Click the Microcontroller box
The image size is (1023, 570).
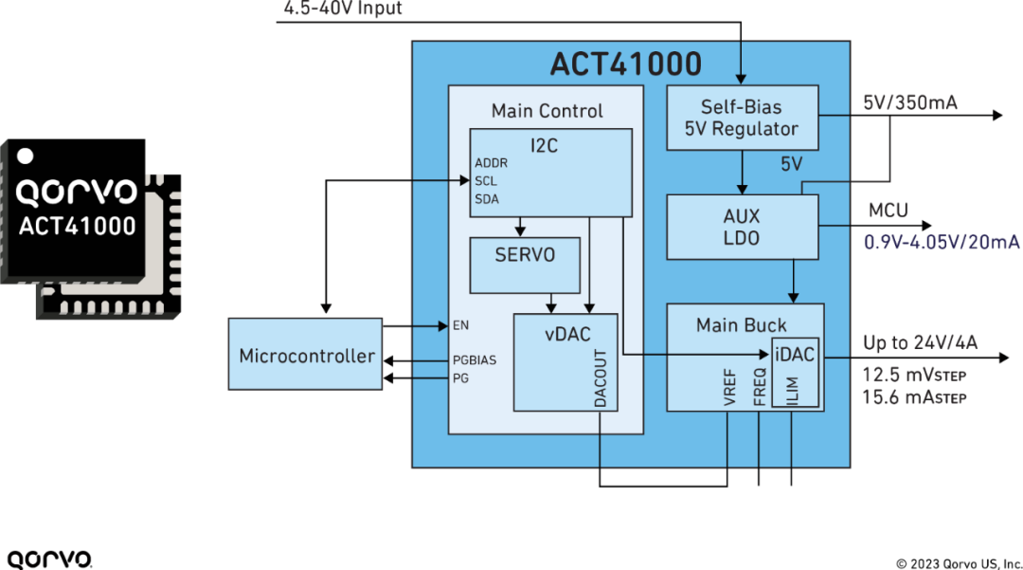306,356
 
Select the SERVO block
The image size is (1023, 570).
524,256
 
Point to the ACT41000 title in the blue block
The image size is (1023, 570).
626,64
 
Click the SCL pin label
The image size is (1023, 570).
486,181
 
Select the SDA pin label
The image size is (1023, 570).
487,198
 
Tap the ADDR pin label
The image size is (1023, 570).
491,163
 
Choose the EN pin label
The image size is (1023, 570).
461,325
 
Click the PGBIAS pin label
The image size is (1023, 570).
475,360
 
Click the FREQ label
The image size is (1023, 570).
759,389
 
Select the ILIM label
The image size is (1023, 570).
794,390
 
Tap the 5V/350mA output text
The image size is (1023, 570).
909,102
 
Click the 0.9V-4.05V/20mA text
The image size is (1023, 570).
942,241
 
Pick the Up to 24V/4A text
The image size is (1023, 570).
918,342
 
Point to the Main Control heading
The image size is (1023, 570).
547,111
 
